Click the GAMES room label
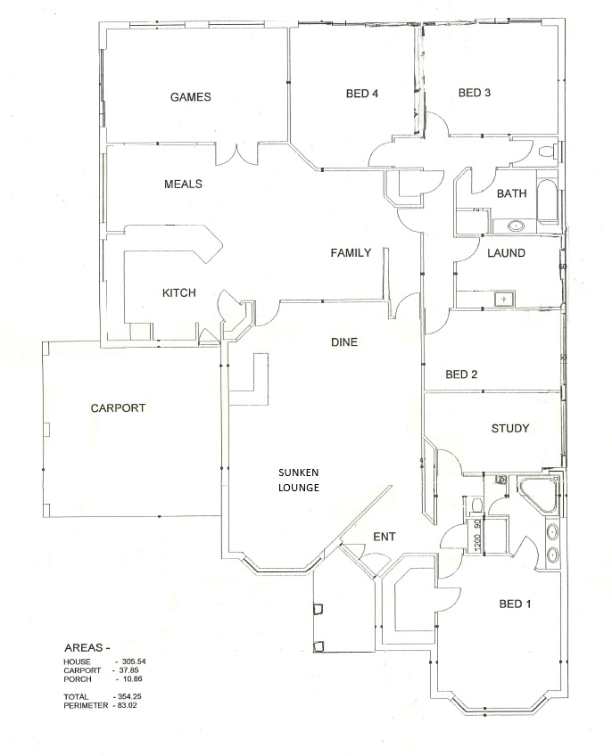tap(191, 97)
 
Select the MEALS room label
tap(183, 185)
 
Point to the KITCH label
tap(178, 293)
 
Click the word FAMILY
tap(351, 253)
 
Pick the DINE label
tap(344, 341)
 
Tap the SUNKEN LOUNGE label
tap(298, 480)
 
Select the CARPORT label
tap(118, 408)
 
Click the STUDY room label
tap(510, 429)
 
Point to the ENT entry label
tap(385, 537)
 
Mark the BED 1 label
tap(515, 604)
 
